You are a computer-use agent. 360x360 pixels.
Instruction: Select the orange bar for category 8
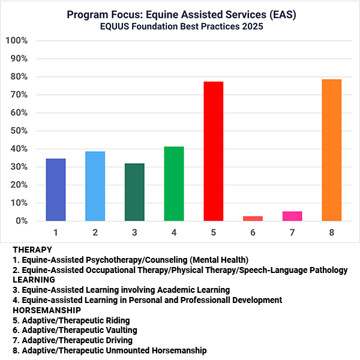(331, 150)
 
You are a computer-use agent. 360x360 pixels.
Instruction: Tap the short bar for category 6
(253, 218)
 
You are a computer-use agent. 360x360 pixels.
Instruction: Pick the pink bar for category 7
(292, 216)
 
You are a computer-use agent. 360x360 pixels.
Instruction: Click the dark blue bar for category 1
(56, 190)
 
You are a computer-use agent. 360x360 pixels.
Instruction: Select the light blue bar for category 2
(95, 186)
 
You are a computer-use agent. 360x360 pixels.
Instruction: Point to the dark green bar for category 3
(134, 192)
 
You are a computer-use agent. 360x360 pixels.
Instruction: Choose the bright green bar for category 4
(173, 184)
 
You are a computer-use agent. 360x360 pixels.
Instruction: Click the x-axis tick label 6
(253, 230)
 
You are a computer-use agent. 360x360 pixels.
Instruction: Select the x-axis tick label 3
(134, 230)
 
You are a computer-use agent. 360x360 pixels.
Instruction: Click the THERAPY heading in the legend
(32, 249)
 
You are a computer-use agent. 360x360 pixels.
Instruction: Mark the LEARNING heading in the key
(35, 280)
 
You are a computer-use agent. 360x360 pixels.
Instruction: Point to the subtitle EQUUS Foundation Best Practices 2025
(179, 26)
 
